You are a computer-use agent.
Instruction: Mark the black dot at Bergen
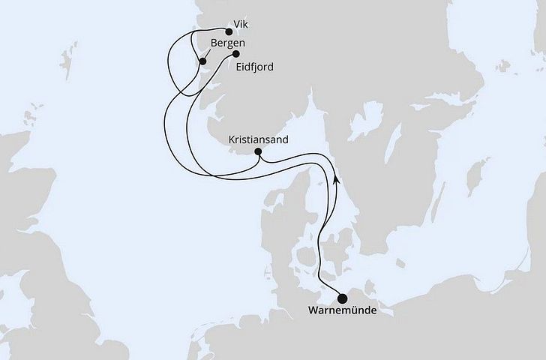point(202,61)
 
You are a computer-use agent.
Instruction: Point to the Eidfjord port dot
point(235,54)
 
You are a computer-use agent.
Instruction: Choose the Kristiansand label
point(259,139)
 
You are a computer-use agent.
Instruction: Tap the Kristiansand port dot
point(258,152)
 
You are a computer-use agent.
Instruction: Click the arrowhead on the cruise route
point(337,181)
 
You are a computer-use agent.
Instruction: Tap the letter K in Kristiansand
point(231,139)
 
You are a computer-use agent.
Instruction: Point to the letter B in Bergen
point(214,43)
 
